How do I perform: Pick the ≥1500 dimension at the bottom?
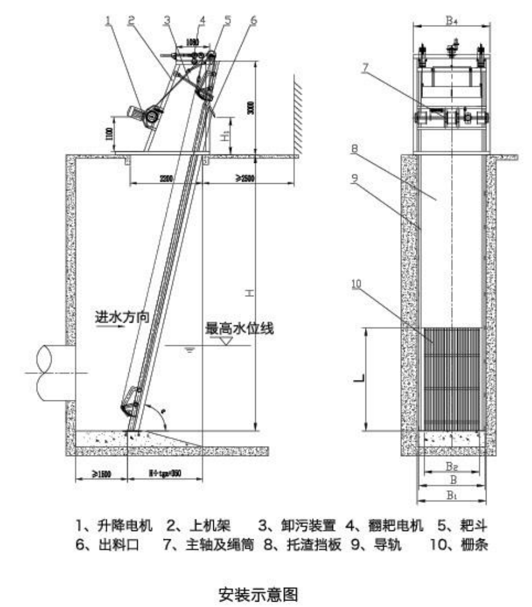pyautogui.click(x=98, y=474)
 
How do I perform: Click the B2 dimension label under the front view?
pyautogui.click(x=451, y=465)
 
